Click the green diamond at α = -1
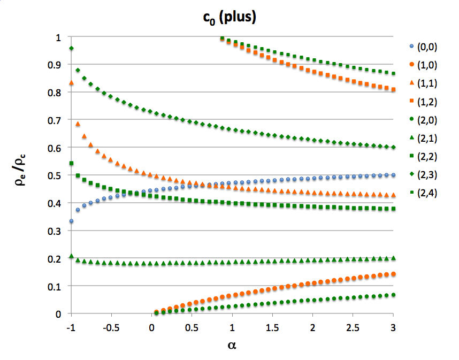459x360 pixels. (x=71, y=49)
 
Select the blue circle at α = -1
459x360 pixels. (x=71, y=221)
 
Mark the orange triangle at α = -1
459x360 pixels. (x=71, y=83)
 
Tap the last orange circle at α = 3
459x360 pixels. (x=393, y=274)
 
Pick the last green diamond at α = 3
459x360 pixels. (x=393, y=147)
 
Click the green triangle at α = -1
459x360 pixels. (x=71, y=256)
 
